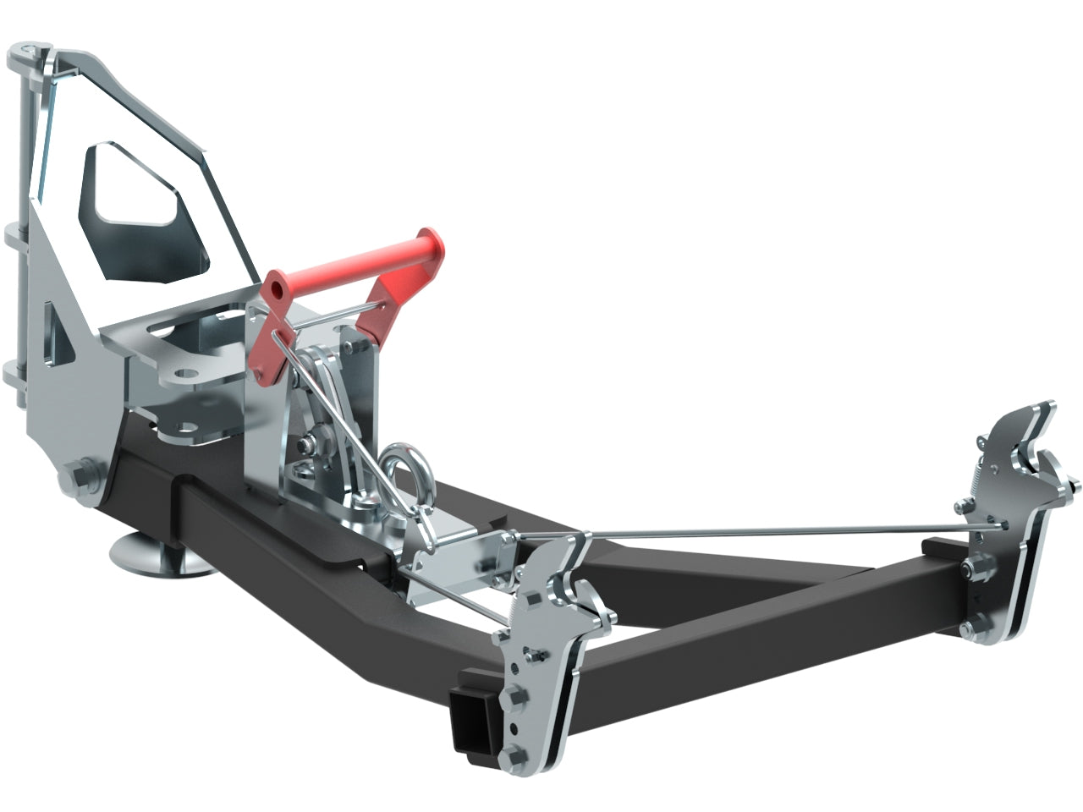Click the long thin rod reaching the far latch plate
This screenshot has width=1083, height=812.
761,530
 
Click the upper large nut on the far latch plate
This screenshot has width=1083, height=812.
964,507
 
